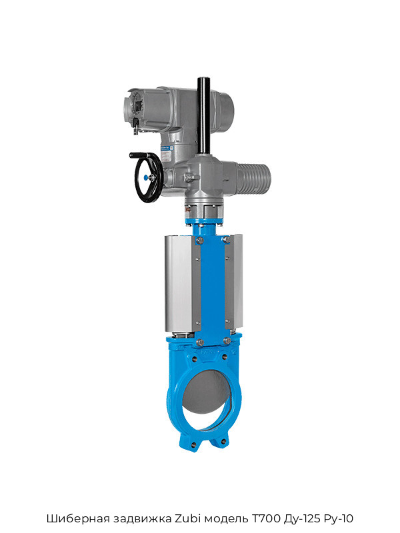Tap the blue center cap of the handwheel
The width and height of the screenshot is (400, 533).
pyautogui.click(x=145, y=177)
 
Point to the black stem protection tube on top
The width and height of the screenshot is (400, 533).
pyautogui.click(x=203, y=115)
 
